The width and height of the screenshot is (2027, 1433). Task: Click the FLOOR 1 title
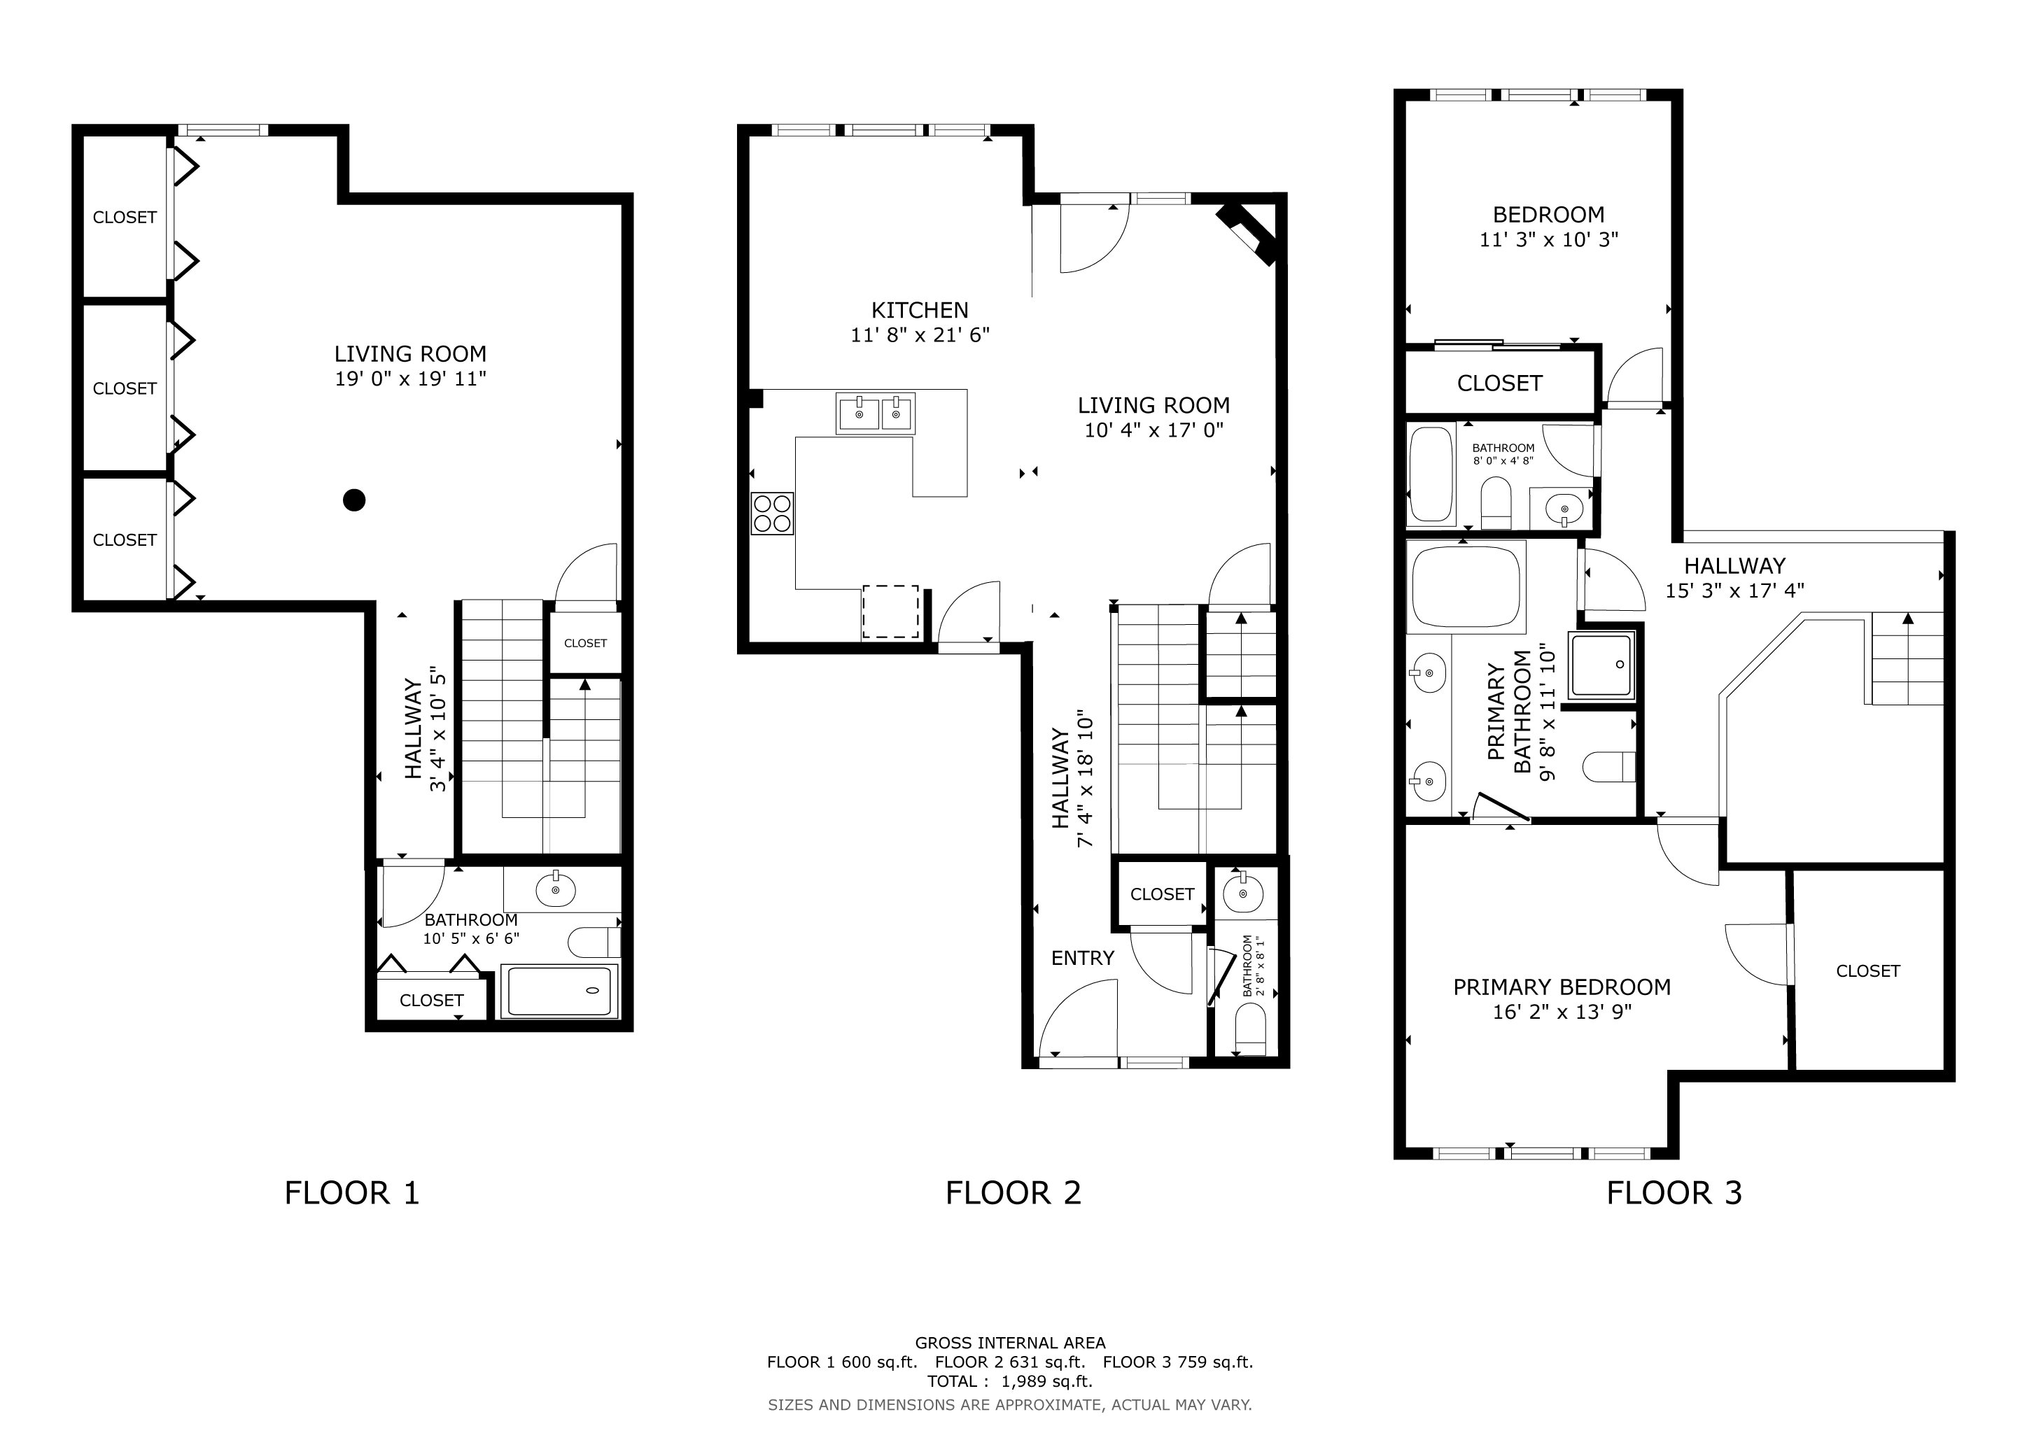pos(351,1193)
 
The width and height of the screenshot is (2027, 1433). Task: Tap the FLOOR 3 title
pos(1674,1193)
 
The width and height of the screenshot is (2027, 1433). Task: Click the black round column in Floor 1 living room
pos(354,500)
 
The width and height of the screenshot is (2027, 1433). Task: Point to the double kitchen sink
pos(876,413)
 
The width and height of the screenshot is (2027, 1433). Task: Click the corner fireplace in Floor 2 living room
pos(1247,234)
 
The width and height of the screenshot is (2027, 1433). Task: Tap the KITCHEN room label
pos(920,311)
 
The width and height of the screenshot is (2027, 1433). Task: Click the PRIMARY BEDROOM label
pos(1562,987)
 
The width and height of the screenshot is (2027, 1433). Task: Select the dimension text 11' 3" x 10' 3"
pos(1548,240)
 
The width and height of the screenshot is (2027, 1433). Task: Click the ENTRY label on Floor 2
pos(1082,959)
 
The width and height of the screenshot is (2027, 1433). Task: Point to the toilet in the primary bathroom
pos(1608,767)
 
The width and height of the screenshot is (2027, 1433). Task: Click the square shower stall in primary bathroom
pos(1601,665)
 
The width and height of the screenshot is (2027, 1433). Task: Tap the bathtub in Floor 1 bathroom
pos(560,991)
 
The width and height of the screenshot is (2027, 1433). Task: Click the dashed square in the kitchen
pos(891,612)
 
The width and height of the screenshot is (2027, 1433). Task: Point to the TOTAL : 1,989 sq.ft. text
pos(1010,1381)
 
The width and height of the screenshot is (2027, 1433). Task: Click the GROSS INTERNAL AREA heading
pos(1010,1343)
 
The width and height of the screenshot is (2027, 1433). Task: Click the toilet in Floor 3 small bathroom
pos(1496,502)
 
